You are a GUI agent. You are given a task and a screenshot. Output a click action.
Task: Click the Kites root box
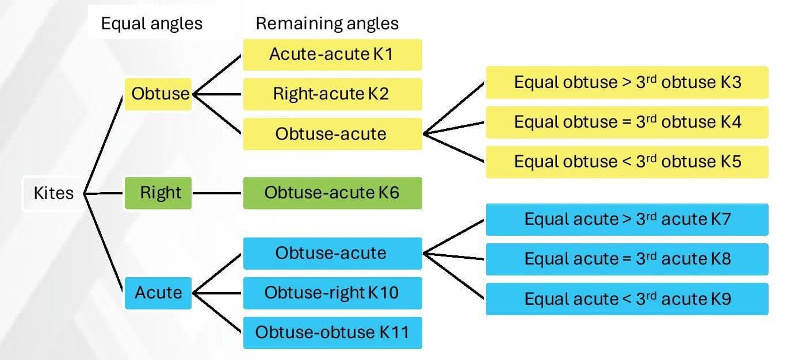pyautogui.click(x=54, y=193)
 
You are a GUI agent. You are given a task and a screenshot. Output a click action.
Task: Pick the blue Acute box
pyautogui.click(x=158, y=293)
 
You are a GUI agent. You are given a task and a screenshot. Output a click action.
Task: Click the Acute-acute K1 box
pyautogui.click(x=332, y=55)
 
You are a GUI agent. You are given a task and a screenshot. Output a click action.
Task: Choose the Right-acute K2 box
pyautogui.click(x=332, y=94)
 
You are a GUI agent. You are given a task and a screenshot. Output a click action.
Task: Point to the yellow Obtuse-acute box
pyautogui.click(x=332, y=133)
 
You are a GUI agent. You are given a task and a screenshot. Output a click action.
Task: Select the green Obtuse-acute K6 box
pyautogui.click(x=332, y=193)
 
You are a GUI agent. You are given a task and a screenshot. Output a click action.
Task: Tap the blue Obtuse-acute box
pyautogui.click(x=332, y=253)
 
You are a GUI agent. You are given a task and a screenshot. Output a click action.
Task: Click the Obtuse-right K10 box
pyautogui.click(x=332, y=293)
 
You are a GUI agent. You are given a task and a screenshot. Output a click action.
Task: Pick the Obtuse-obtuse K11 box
pyautogui.click(x=332, y=332)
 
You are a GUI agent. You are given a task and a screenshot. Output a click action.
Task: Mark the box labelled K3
pyautogui.click(x=627, y=82)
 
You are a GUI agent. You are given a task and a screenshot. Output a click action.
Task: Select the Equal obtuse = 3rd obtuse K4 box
pyautogui.click(x=627, y=122)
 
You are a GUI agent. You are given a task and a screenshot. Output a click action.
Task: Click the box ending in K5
pyautogui.click(x=627, y=162)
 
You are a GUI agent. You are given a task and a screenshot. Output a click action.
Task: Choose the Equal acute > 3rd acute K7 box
pyautogui.click(x=627, y=219)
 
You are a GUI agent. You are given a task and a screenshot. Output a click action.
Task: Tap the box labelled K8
pyautogui.click(x=627, y=259)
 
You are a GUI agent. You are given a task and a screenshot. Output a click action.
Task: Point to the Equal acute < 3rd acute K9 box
pyautogui.click(x=627, y=298)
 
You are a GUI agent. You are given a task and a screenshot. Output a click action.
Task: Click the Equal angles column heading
pyautogui.click(x=152, y=24)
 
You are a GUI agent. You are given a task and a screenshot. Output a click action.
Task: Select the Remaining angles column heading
pyautogui.click(x=327, y=24)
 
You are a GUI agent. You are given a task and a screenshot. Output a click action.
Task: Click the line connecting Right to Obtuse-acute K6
pyautogui.click(x=217, y=193)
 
